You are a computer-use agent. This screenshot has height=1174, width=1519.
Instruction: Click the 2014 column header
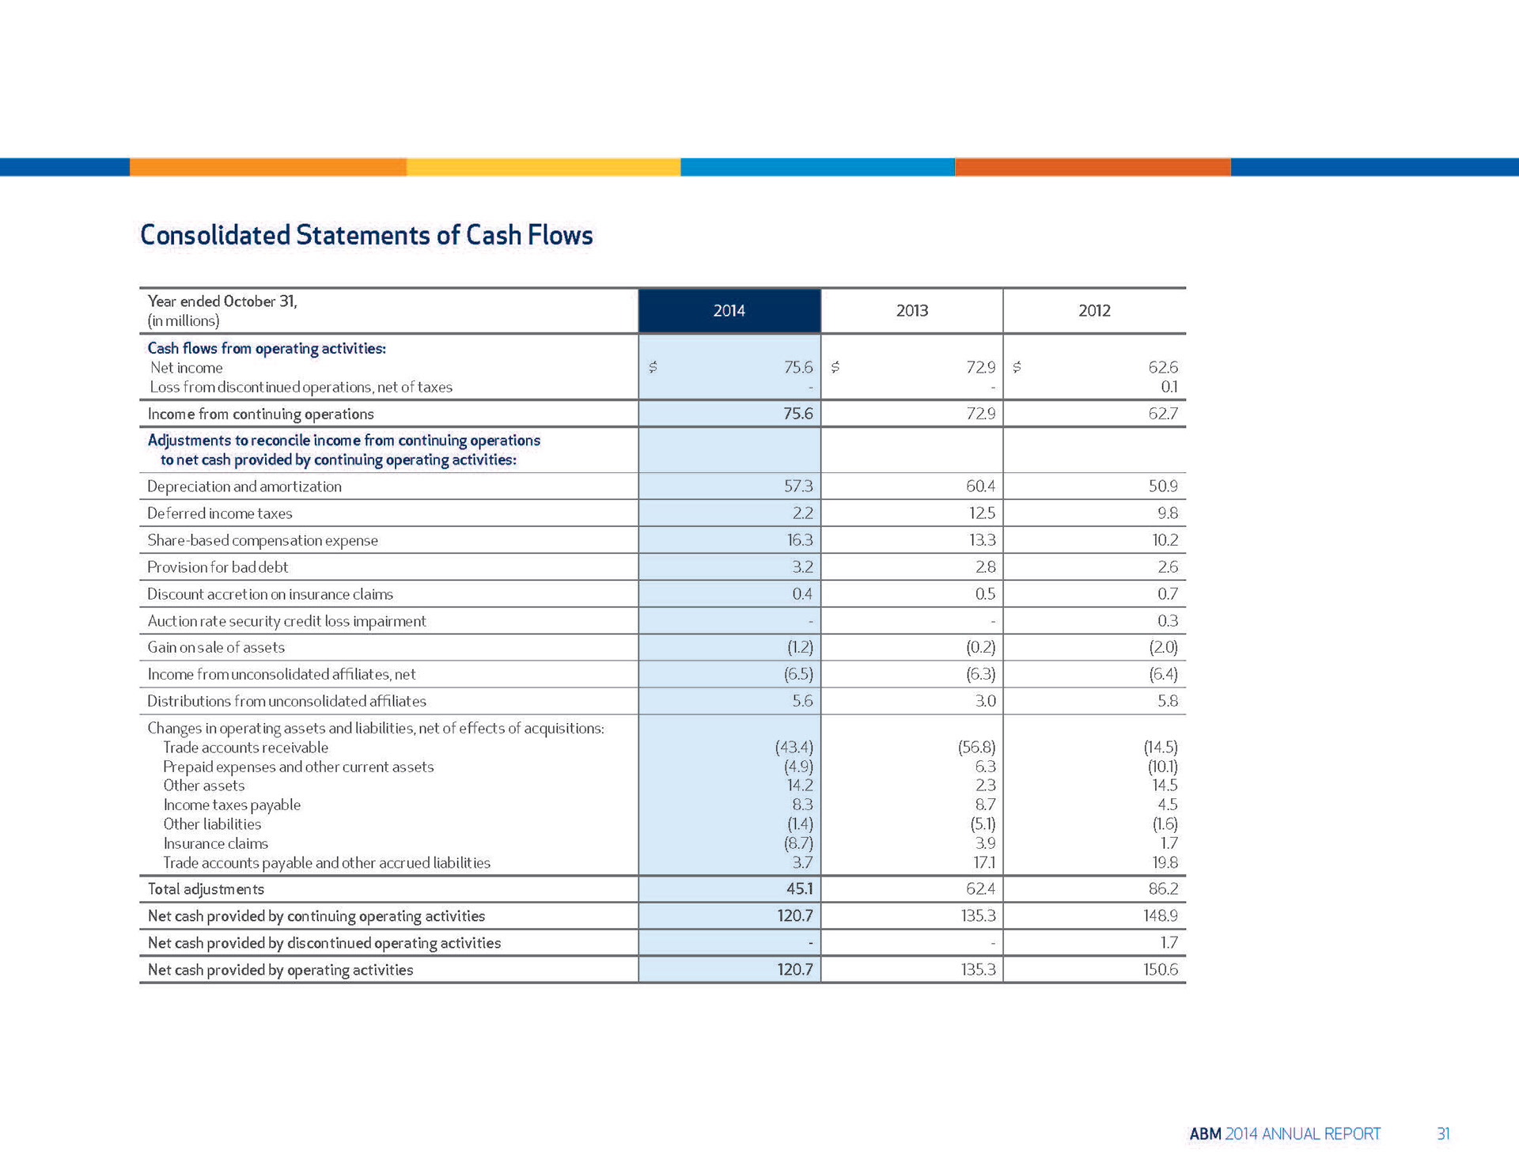pos(729,311)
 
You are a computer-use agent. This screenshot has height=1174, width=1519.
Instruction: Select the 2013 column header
pos(911,311)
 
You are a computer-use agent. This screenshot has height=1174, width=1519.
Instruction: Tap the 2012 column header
pos(1094,311)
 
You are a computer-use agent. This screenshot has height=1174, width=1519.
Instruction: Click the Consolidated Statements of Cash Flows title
pos(366,235)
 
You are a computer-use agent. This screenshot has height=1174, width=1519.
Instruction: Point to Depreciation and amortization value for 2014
pos(797,487)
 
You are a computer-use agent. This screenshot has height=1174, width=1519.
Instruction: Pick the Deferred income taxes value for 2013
pos(981,513)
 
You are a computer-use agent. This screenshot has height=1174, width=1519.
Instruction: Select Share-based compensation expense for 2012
pos(1163,540)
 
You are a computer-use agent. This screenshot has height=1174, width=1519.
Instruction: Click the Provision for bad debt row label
pos(218,567)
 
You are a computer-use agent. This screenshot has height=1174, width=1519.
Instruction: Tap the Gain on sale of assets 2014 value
pos(800,647)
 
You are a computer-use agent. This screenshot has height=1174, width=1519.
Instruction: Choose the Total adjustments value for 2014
pos(799,889)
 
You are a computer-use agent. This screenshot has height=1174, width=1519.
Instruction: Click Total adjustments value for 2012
pos(1163,889)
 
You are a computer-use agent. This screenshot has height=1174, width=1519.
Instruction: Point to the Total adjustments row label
pos(206,889)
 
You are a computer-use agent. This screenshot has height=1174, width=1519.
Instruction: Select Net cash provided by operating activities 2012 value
pos(1161,970)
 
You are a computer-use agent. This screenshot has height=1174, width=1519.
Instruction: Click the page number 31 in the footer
pos(1443,1134)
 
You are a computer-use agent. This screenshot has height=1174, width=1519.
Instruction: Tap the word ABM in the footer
pos(1205,1134)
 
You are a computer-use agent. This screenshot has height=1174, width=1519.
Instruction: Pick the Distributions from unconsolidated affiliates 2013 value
pos(985,701)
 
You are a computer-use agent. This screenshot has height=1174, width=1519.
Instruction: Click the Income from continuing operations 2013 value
pos(980,414)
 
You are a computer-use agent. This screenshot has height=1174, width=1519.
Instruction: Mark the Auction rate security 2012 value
pos(1167,621)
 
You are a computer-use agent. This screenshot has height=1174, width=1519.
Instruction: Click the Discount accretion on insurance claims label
pos(270,594)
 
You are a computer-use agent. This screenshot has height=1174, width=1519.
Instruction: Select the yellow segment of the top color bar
pos(544,167)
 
